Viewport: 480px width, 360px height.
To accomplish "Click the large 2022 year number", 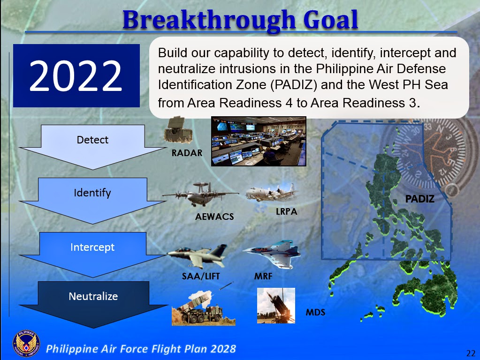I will click(76, 75).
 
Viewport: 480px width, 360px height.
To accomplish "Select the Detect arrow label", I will click(92, 140).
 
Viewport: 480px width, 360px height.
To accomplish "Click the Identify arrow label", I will click(92, 193).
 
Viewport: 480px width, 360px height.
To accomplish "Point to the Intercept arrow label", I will click(92, 247).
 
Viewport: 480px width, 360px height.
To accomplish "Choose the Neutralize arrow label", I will click(93, 296).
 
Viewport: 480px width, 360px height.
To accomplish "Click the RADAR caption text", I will click(187, 153).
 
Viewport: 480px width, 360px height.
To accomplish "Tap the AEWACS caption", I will click(214, 217).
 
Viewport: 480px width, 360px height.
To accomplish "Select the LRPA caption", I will click(286, 212).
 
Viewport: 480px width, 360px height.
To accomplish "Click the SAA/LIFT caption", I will click(201, 277).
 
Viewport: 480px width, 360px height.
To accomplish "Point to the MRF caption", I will click(263, 277).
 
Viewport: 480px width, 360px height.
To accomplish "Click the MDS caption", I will click(315, 312).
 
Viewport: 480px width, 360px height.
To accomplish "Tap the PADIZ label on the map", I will click(420, 199).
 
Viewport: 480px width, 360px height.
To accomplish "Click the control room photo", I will click(259, 141).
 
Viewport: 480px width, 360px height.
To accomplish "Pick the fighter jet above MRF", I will click(271, 253).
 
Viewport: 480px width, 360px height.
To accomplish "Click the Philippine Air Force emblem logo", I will click(26, 345).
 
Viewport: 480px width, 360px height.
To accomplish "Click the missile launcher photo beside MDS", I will click(276, 306).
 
